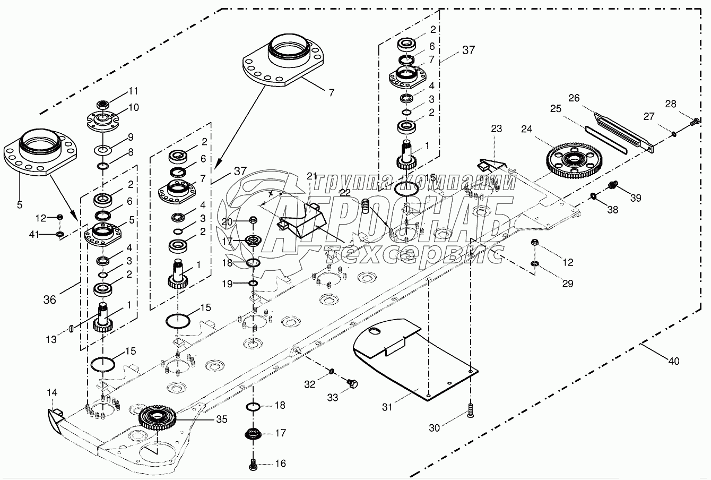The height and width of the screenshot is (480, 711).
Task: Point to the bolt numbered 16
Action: pos(253,464)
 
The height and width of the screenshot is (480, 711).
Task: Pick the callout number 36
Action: pos(50,300)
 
